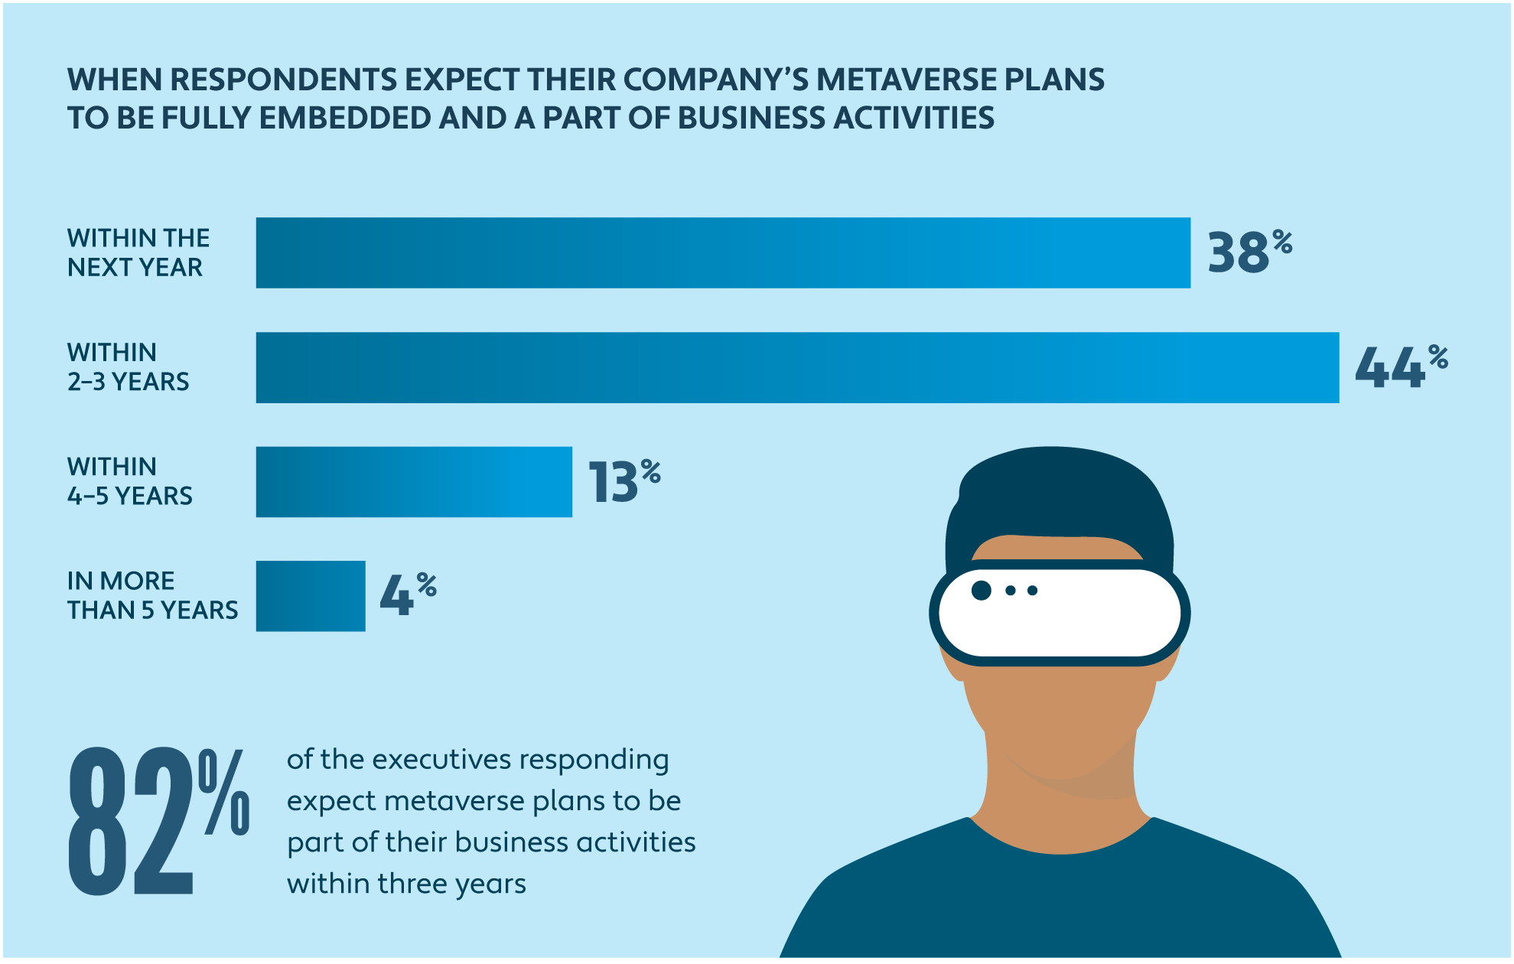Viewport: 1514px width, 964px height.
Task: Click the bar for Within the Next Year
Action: tap(723, 252)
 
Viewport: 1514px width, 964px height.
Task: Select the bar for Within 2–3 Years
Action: tap(797, 367)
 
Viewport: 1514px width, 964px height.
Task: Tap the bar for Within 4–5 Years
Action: tap(414, 482)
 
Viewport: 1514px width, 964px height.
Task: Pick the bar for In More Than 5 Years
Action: tap(311, 596)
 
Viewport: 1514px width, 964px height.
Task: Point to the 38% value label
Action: tap(1249, 252)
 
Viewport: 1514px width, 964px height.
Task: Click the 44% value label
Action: tap(1400, 367)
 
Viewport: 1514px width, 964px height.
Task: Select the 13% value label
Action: tap(624, 482)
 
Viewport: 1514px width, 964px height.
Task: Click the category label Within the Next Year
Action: tap(138, 252)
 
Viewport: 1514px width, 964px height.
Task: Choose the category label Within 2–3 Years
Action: tap(128, 367)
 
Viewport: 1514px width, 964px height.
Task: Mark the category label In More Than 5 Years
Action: tap(152, 595)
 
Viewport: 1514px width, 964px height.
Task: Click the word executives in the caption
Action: tap(441, 760)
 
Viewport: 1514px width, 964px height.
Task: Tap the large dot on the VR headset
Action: tap(982, 590)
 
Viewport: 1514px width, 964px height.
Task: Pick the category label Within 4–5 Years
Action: tap(129, 481)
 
